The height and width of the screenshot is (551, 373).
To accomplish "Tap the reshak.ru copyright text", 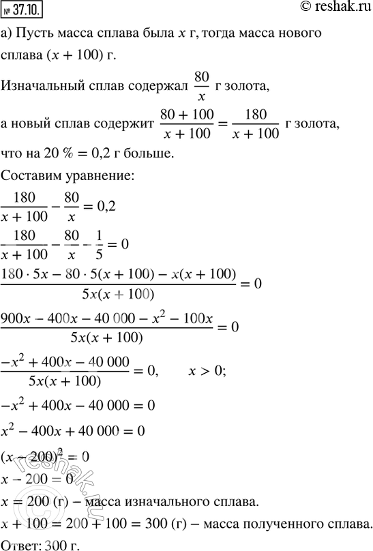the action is (x=333, y=8).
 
